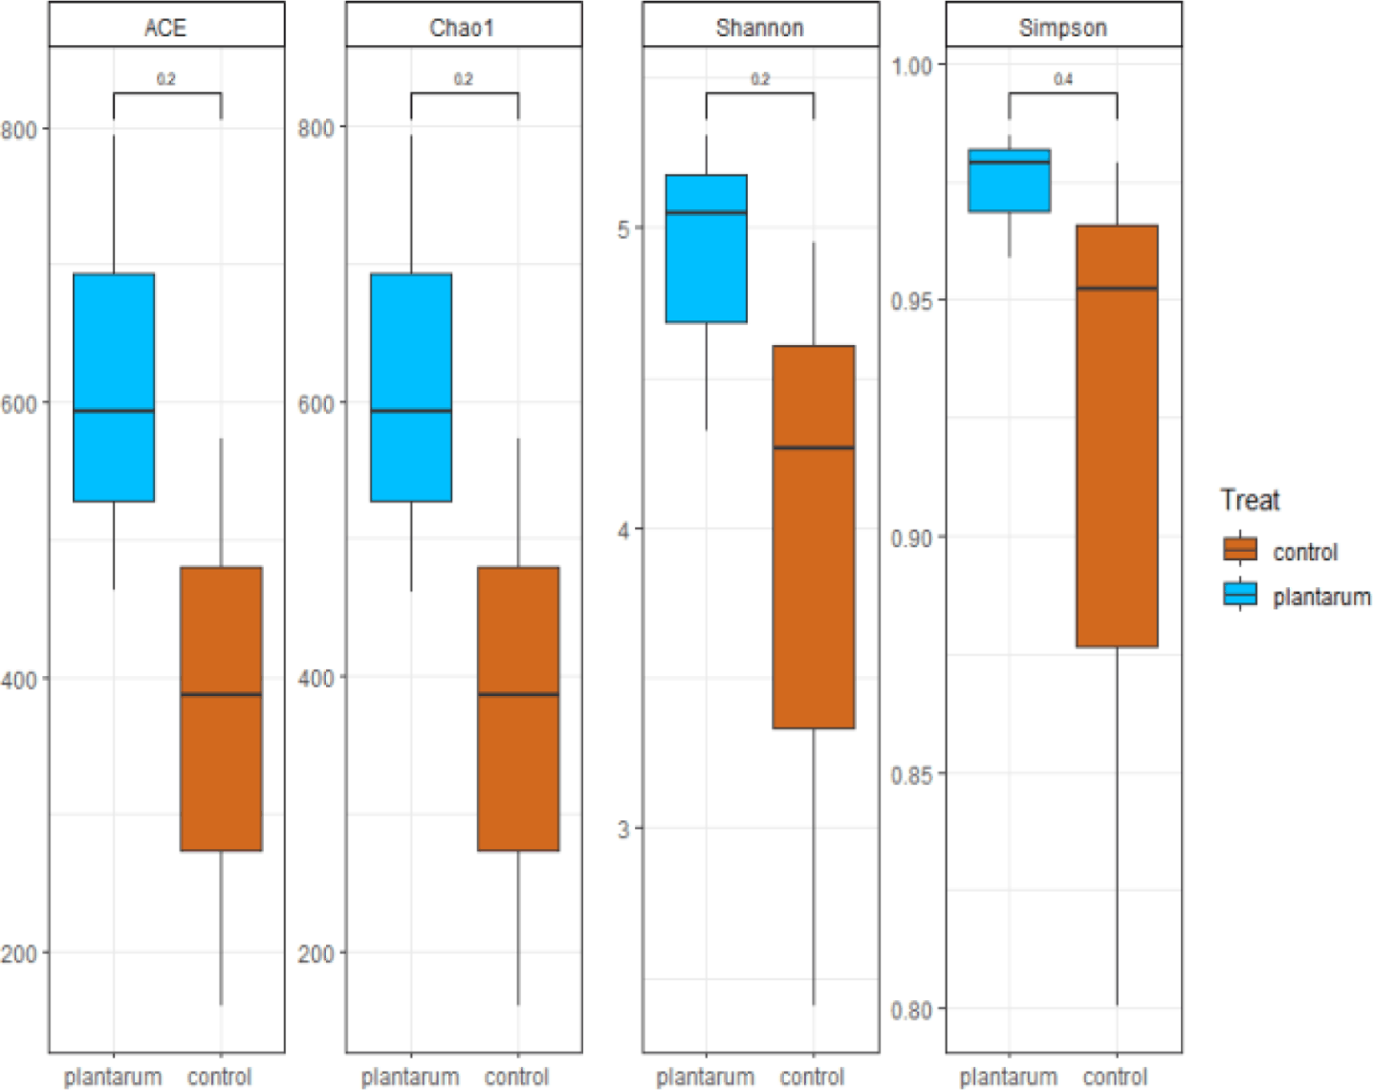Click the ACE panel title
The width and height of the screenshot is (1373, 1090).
pos(165,28)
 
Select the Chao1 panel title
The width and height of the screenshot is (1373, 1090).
pos(462,28)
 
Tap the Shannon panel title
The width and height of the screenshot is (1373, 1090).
pos(759,28)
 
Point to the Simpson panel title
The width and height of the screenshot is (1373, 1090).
pos(1063,28)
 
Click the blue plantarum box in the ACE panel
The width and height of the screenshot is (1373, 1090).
pos(114,387)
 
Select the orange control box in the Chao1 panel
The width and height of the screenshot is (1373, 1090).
pos(519,708)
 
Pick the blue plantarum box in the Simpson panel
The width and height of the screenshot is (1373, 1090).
pos(1010,180)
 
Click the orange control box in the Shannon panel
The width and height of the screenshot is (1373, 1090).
pos(814,536)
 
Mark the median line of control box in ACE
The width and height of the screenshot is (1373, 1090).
pos(222,694)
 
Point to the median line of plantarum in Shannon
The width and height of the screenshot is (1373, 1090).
pos(707,212)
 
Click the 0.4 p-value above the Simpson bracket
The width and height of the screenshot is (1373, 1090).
pos(1063,79)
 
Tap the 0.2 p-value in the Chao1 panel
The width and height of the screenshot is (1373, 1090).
pos(463,79)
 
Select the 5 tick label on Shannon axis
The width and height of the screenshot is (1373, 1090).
pos(624,229)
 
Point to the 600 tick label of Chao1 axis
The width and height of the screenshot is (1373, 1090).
pos(316,403)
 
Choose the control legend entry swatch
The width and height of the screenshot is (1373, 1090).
pos(1240,549)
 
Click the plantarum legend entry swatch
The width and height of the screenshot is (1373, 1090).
pos(1240,594)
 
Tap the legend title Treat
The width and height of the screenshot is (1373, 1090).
pos(1250,500)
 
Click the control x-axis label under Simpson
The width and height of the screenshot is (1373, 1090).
pos(1115,1078)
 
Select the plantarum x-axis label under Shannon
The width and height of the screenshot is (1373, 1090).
pos(706,1078)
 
